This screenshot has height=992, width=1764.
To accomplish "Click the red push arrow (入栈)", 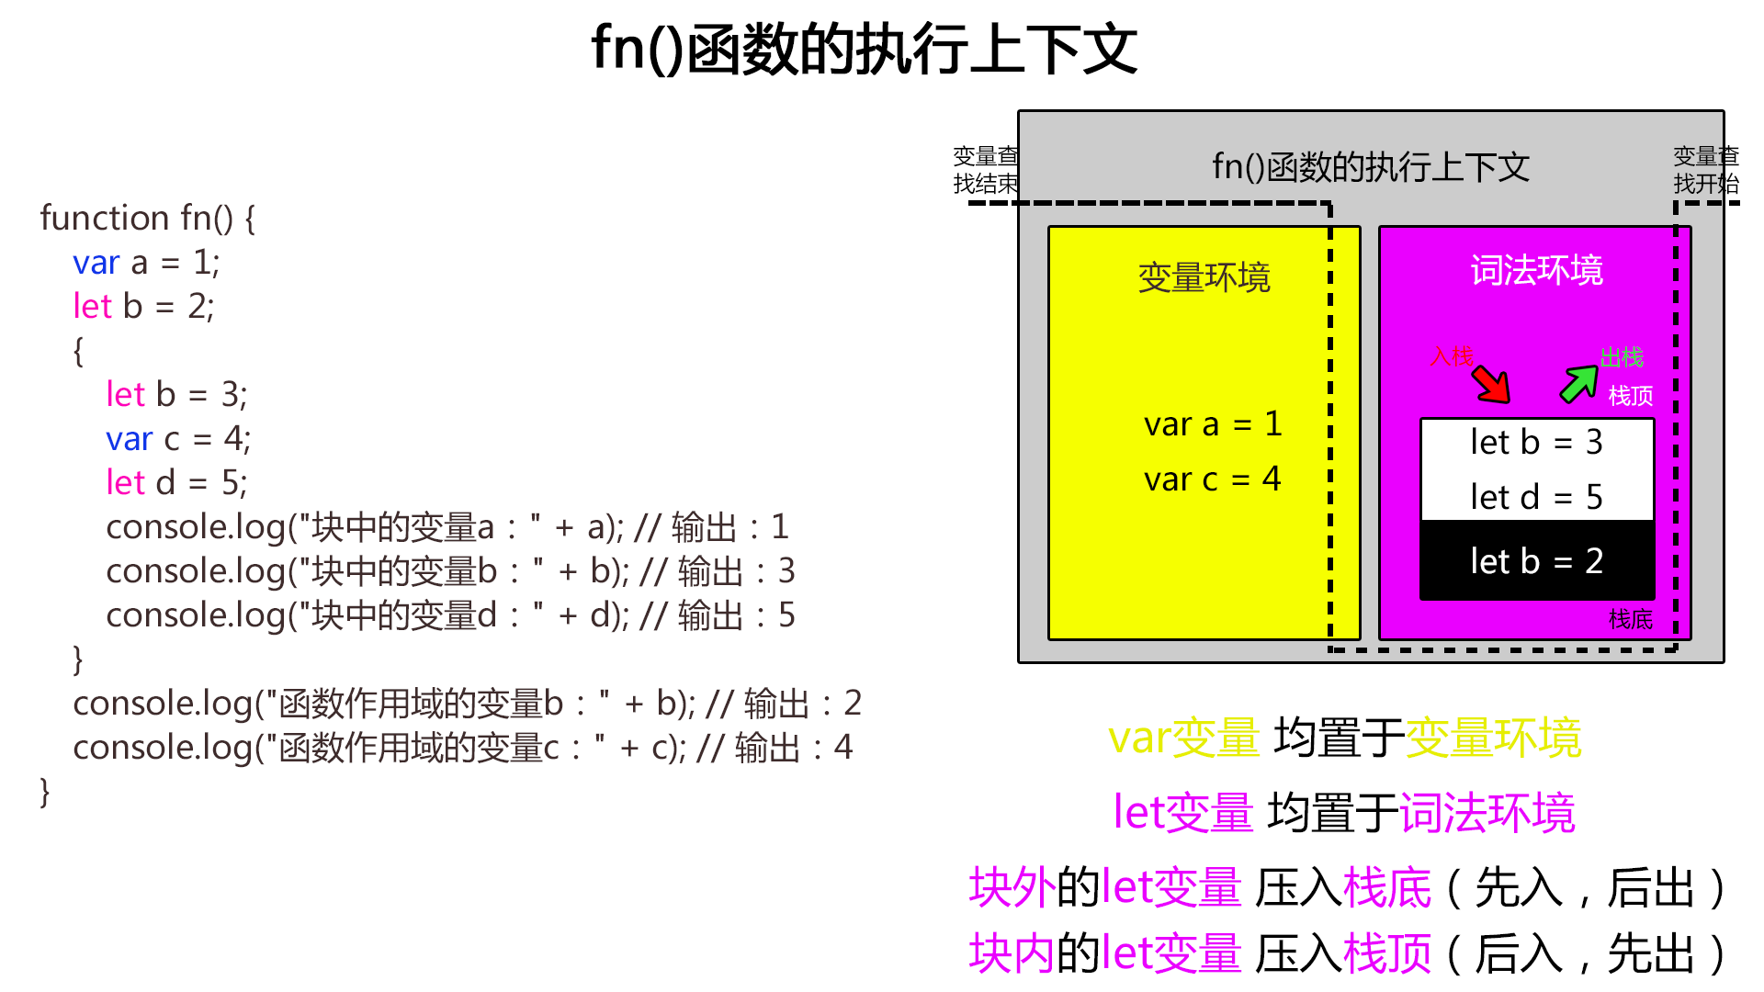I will coord(1491,385).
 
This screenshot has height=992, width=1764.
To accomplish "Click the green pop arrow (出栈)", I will coord(1579,384).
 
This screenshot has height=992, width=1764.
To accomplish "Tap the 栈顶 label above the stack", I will coord(1631,396).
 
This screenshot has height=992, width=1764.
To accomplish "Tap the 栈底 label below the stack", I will coord(1631,619).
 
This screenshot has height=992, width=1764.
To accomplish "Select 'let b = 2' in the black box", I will coord(1536,561).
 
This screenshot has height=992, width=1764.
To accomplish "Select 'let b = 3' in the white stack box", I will coord(1536,443).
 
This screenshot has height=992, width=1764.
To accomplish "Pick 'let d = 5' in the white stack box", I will coord(1536,498).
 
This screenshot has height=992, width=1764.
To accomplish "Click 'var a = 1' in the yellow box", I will coord(1212,424).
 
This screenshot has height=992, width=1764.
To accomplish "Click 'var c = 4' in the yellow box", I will coord(1212,479).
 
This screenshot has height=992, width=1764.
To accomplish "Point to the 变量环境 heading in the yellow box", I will coord(1204,277).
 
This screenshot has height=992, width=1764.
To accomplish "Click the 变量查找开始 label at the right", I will coord(1706,170).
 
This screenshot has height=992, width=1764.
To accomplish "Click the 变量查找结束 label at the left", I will coord(985,170).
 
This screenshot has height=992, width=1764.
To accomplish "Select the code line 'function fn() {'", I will coord(148,219).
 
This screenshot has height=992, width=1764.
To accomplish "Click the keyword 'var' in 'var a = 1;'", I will coord(96,264).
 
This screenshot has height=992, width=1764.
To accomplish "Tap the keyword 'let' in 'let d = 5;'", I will coord(126,483).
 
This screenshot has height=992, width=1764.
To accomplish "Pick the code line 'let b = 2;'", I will coord(143,307).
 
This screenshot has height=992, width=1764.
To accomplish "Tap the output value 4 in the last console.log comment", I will coord(842,748).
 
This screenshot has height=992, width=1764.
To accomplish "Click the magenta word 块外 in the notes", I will coord(1012,888).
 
